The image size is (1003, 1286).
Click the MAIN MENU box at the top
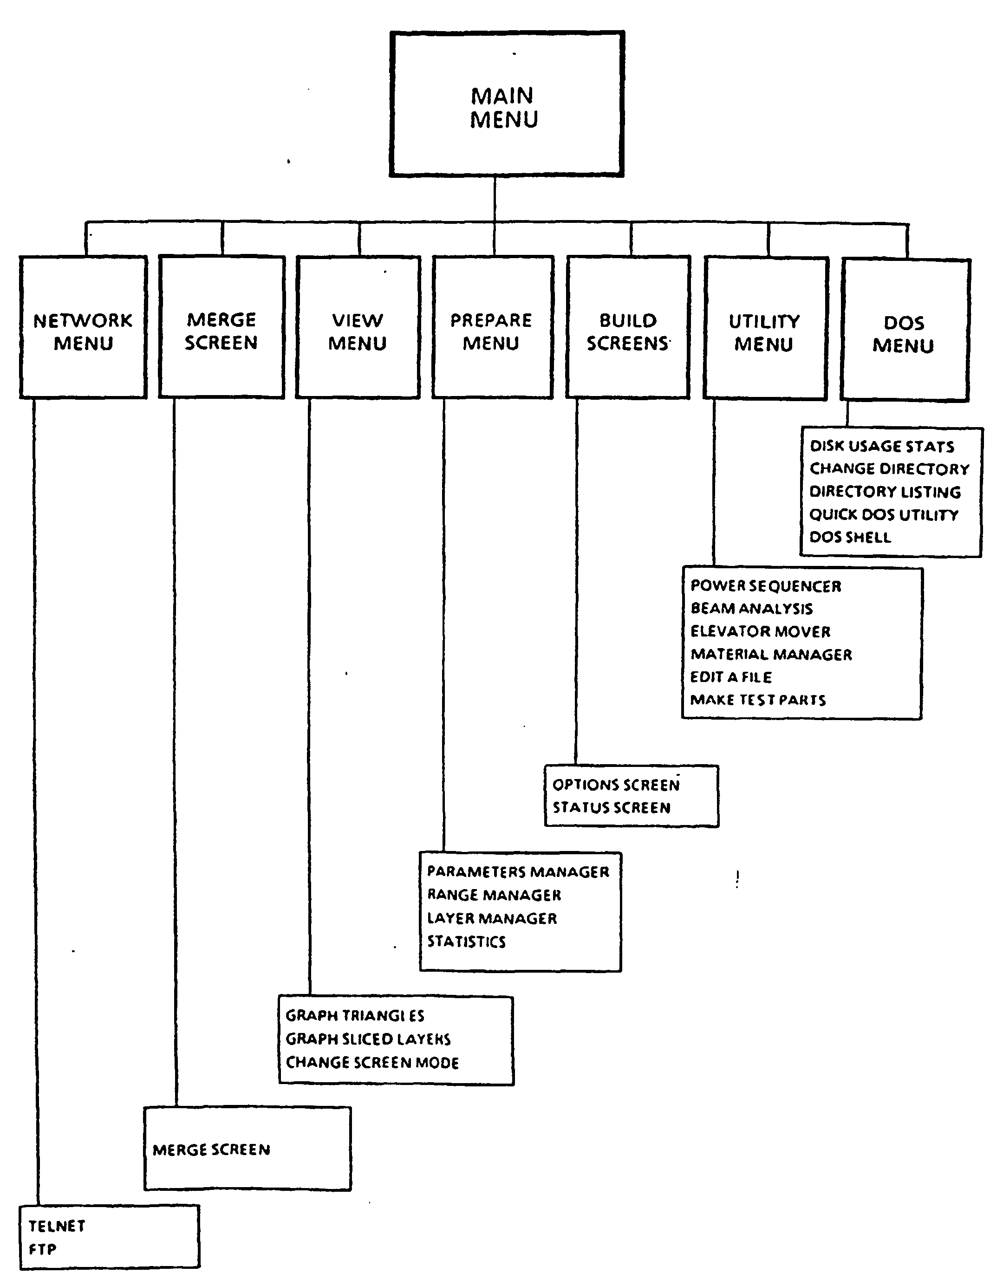tap(507, 104)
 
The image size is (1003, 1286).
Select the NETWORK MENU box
tap(83, 327)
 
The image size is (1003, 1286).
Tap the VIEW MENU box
tap(358, 327)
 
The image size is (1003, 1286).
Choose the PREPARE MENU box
tap(493, 327)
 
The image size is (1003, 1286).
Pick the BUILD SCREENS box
tap(628, 327)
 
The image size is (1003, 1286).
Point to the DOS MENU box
tap(905, 331)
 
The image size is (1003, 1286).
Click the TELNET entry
tap(57, 1226)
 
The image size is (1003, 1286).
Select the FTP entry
tap(42, 1249)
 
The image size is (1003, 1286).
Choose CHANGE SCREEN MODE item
tap(372, 1062)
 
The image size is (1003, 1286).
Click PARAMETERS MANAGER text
tap(518, 871)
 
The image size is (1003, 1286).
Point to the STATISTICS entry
tap(467, 942)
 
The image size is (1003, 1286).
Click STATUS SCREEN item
tap(612, 807)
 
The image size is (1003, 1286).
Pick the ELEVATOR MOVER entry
tap(760, 631)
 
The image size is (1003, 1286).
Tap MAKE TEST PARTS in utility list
tap(758, 700)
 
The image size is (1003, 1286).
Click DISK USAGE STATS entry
tap(882, 446)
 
